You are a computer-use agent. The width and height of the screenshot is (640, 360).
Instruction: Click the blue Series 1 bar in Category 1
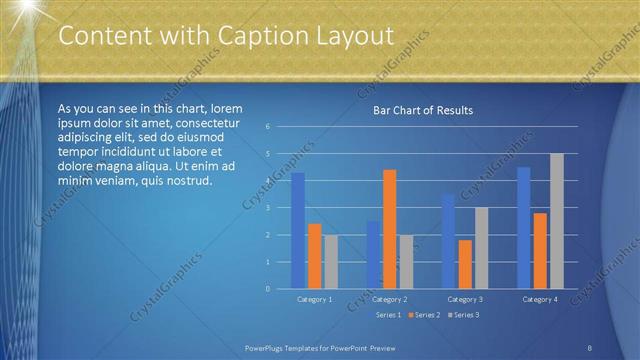(x=297, y=230)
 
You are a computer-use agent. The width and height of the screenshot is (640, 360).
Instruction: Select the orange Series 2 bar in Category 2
(x=389, y=229)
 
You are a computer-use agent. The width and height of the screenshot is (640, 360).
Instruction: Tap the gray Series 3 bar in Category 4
(x=557, y=221)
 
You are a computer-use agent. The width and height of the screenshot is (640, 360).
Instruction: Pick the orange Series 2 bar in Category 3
(x=465, y=264)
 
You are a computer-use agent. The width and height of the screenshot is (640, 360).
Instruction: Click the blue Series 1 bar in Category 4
(x=524, y=228)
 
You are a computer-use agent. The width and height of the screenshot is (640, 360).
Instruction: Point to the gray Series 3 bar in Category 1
(x=331, y=262)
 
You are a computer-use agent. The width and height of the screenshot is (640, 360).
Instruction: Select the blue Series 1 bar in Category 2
(x=373, y=255)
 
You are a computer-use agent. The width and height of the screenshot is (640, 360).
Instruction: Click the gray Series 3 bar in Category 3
(x=481, y=248)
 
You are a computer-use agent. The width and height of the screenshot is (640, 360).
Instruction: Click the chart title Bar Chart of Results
(x=423, y=110)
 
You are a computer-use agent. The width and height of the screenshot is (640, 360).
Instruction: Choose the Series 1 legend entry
(x=388, y=315)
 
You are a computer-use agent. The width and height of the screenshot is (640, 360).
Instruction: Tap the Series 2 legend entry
(x=425, y=315)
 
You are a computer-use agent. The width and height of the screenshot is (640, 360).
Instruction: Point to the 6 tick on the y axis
(x=268, y=127)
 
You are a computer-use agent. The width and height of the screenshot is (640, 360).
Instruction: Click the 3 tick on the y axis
(x=268, y=208)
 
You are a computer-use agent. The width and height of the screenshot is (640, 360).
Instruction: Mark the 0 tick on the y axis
(x=268, y=289)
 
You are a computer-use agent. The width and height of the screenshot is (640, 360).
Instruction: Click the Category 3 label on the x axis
(x=465, y=299)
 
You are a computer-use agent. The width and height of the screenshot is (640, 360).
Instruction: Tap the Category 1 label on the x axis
(x=314, y=299)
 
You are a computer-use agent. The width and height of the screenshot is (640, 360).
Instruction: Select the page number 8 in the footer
(x=590, y=347)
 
